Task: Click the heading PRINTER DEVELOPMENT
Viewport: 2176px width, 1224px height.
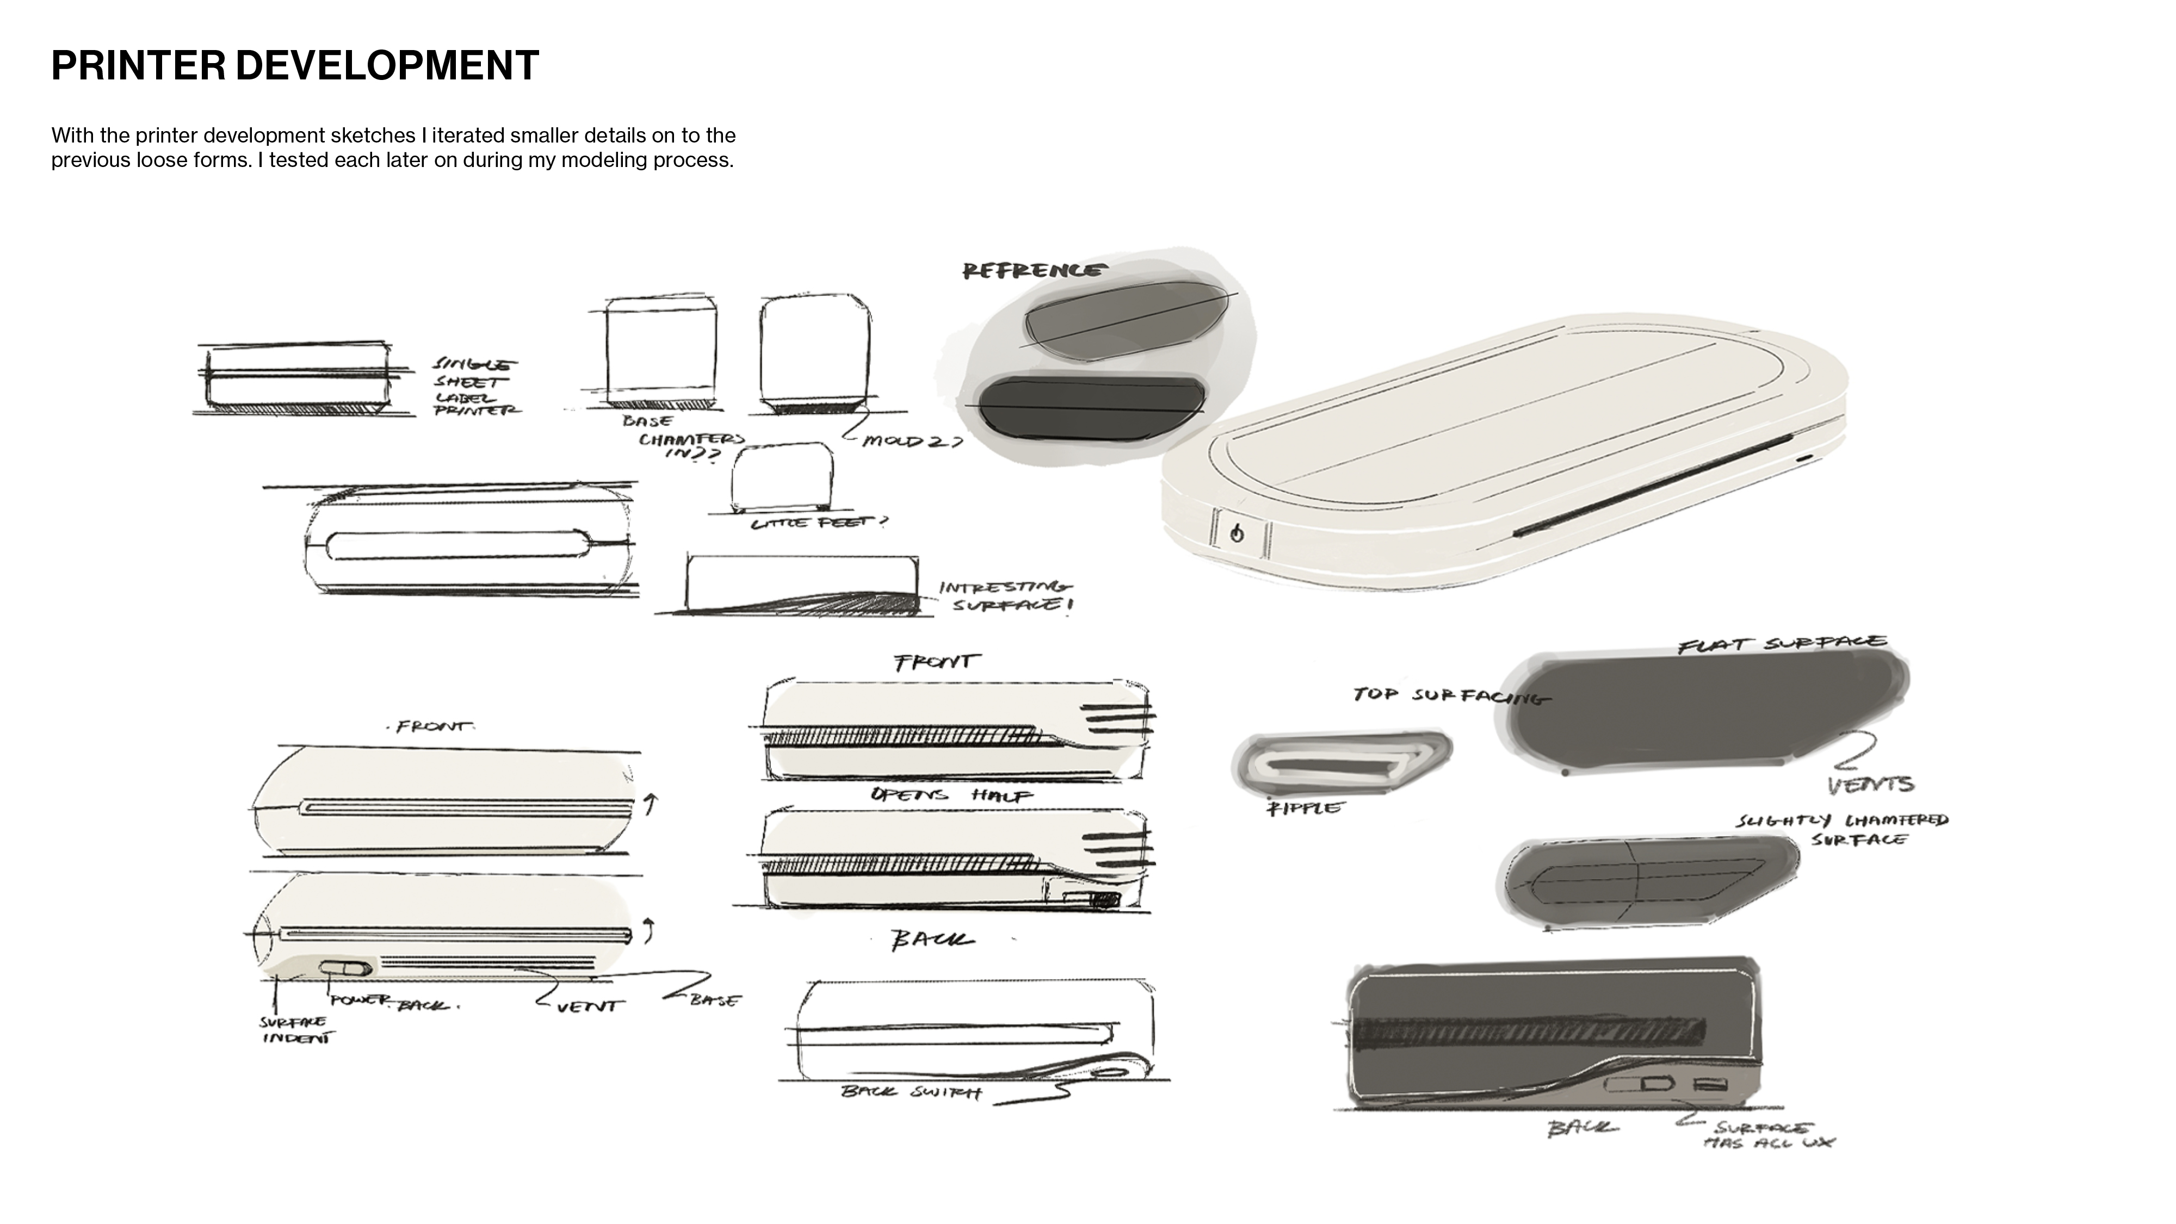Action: [295, 66]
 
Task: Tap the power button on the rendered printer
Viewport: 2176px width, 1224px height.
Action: [1237, 534]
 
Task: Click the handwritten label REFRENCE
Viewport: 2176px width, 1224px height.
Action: [1033, 270]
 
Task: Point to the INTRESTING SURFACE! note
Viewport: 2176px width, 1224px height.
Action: [1005, 596]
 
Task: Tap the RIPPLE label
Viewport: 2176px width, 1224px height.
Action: [1303, 808]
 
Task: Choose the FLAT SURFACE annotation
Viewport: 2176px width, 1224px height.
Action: [1782, 645]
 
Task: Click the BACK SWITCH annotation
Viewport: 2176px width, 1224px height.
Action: [911, 1092]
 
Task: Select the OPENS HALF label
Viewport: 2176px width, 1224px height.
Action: [951, 795]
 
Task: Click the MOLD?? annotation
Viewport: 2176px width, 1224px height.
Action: [912, 441]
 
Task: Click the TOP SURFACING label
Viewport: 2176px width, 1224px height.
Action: [1450, 696]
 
